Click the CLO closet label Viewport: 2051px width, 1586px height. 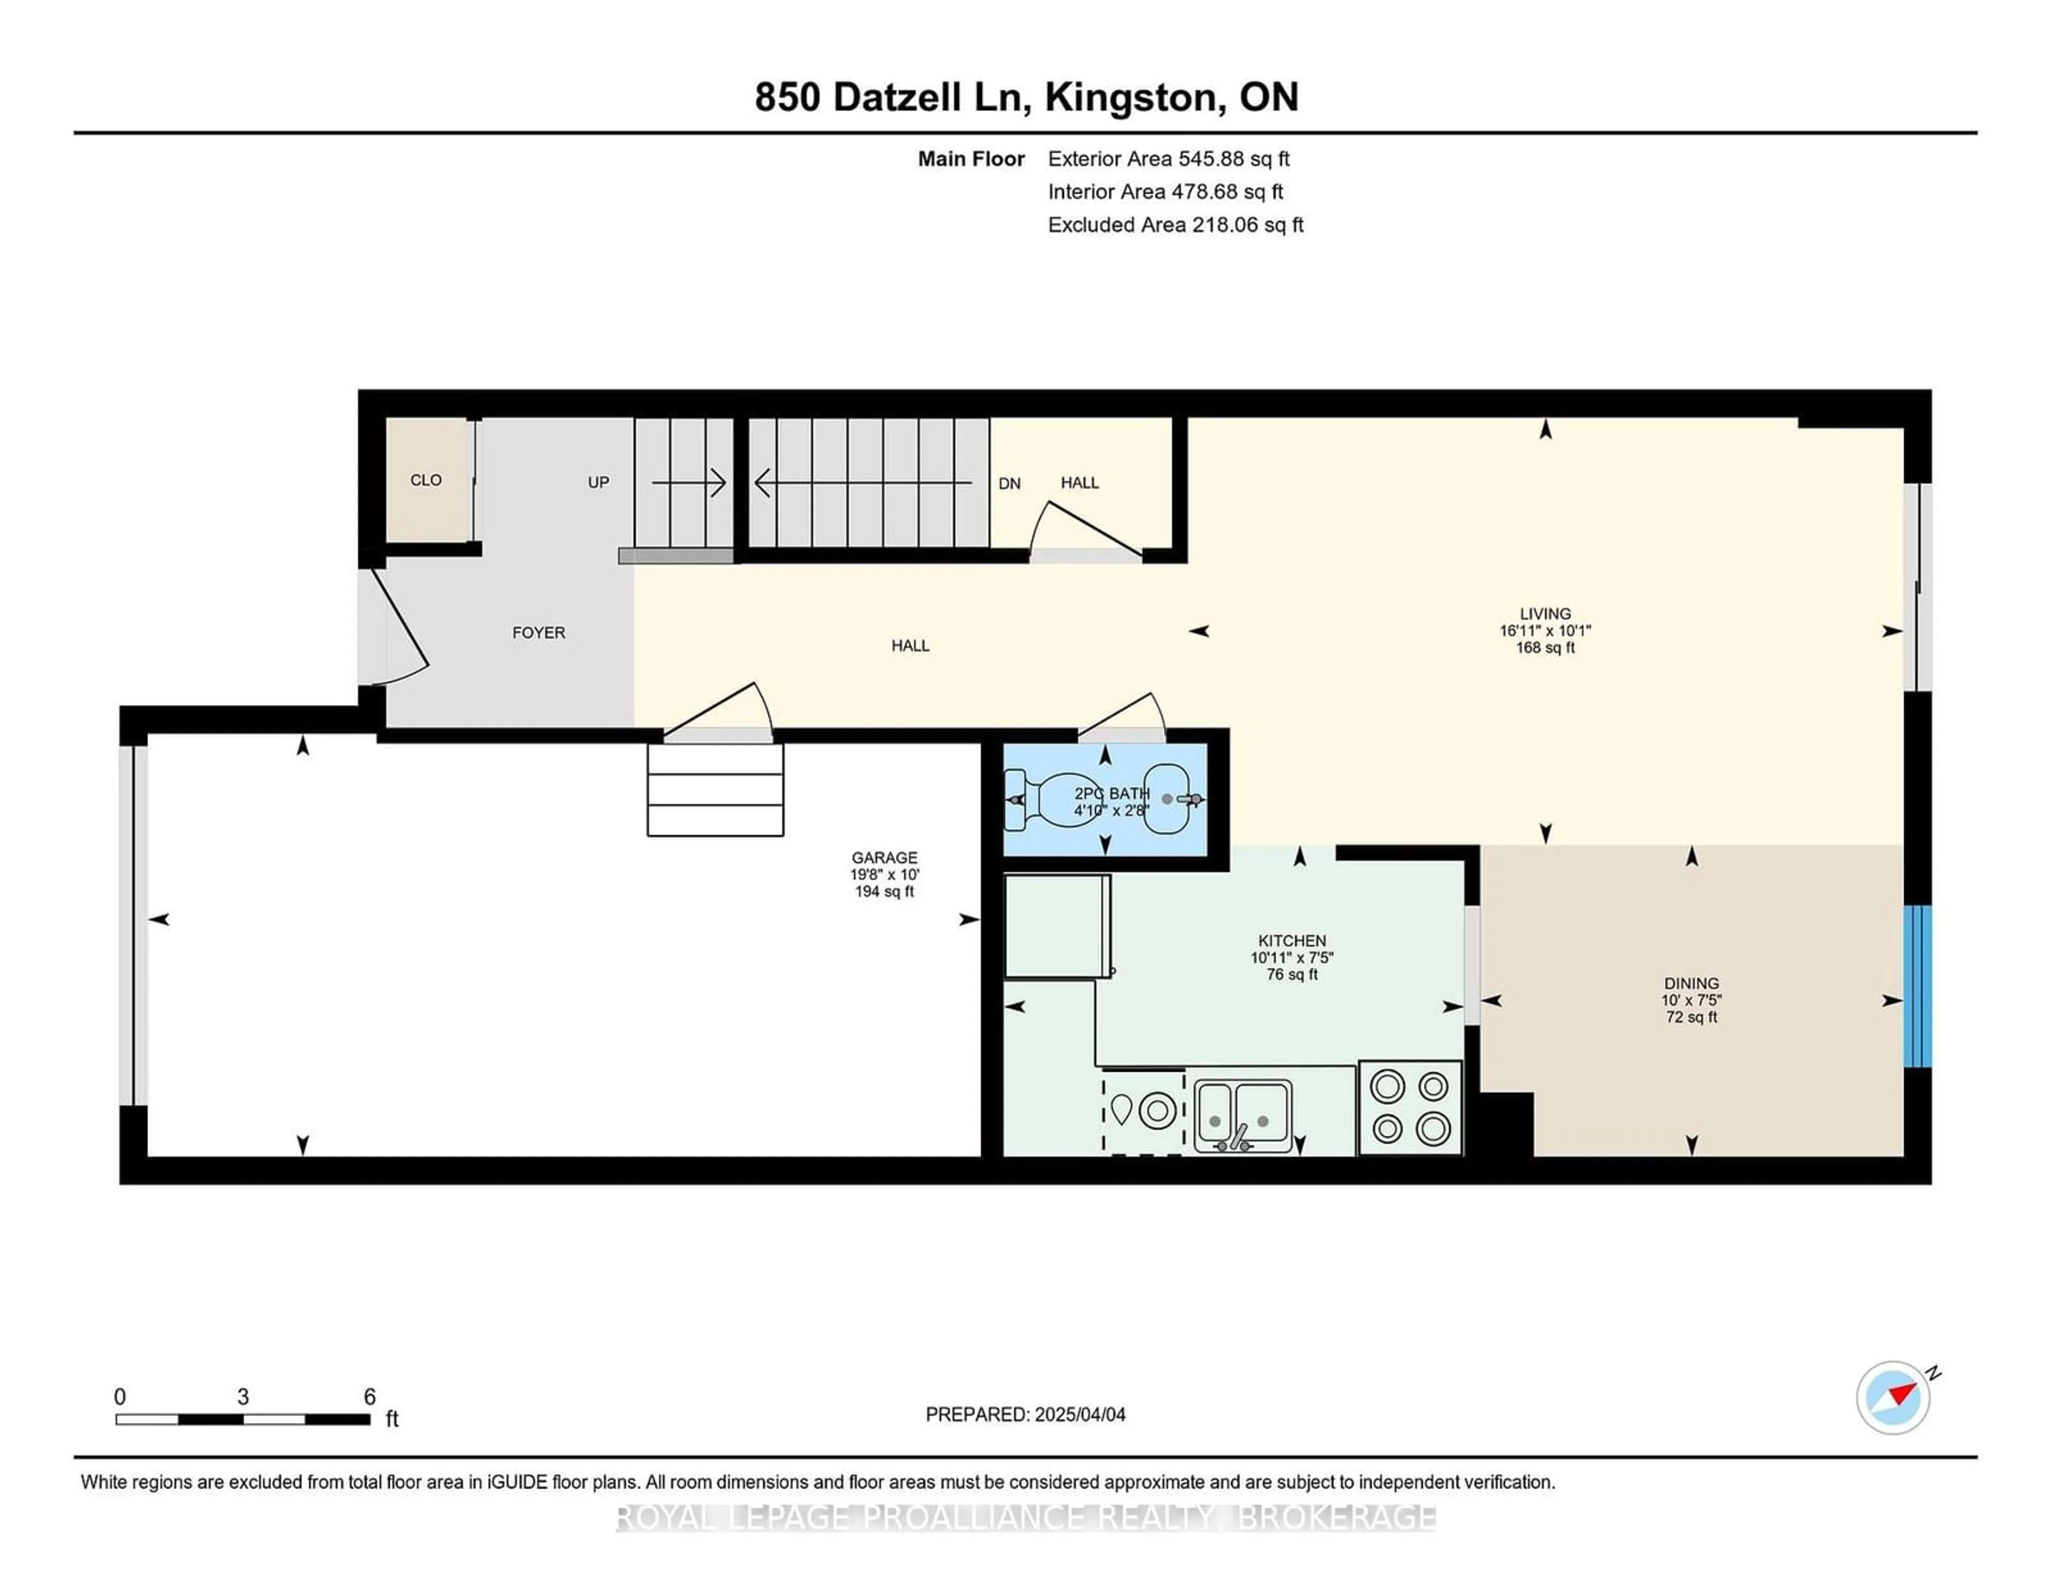pyautogui.click(x=425, y=480)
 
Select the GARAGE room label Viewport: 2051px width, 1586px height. pyautogui.click(x=884, y=857)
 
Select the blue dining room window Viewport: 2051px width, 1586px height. pyautogui.click(x=1917, y=986)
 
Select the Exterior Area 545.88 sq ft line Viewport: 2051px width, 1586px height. pyautogui.click(x=1169, y=159)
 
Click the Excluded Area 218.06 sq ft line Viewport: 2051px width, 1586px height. pyautogui.click(x=1176, y=224)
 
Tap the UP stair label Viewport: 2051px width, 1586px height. pyautogui.click(x=598, y=483)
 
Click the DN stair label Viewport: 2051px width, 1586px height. pyautogui.click(x=1009, y=483)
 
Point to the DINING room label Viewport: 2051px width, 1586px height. pyautogui.click(x=1692, y=984)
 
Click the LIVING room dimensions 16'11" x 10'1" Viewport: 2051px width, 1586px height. pyautogui.click(x=1545, y=631)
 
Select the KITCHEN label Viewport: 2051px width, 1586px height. pyautogui.click(x=1292, y=941)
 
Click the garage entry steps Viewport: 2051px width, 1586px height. pyautogui.click(x=716, y=790)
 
